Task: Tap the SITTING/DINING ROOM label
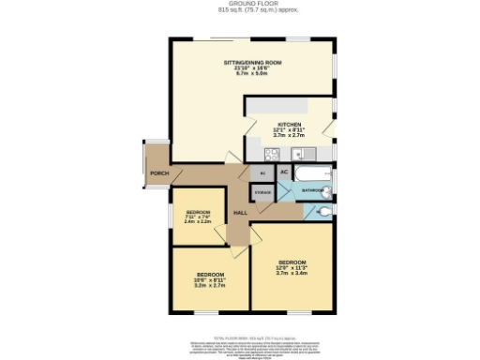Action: tap(252, 62)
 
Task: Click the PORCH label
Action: tap(158, 173)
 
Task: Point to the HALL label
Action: tap(239, 213)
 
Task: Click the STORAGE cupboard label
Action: tap(262, 192)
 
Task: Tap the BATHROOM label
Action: tap(312, 190)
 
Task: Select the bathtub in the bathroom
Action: tap(308, 174)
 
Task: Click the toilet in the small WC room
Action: tap(323, 212)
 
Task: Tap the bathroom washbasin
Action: tap(329, 190)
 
